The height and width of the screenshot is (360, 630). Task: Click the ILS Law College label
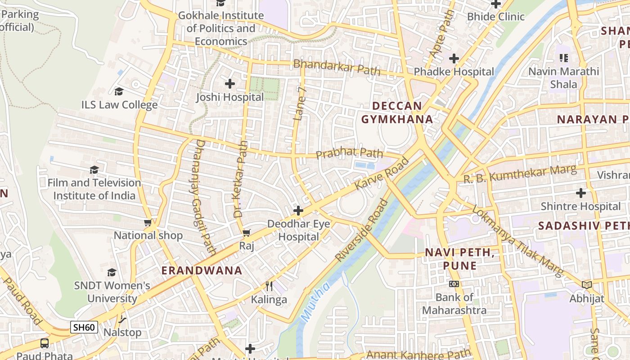[119, 105]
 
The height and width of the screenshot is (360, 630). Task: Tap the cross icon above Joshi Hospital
[230, 84]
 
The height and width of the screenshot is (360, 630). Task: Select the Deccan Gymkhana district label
[397, 112]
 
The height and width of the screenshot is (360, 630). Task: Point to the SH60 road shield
[84, 327]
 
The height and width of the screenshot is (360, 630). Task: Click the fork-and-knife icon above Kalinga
[269, 286]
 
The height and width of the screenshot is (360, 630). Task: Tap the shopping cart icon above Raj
[246, 233]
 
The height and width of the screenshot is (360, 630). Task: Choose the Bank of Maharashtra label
[454, 304]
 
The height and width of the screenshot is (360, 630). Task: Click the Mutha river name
[315, 301]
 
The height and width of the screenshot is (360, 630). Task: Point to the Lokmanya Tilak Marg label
[517, 242]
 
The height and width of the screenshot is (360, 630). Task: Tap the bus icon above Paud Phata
[45, 343]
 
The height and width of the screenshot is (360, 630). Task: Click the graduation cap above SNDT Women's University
[112, 272]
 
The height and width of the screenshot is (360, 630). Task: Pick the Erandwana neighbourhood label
[202, 270]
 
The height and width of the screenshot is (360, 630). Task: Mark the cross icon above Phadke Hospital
[454, 58]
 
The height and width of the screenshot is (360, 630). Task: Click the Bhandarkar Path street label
[337, 67]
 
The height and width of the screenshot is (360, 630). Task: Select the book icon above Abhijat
[586, 285]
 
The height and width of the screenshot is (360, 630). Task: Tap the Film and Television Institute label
[94, 189]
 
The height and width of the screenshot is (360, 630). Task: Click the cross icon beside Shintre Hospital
[581, 193]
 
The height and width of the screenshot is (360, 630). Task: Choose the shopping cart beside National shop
[148, 222]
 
